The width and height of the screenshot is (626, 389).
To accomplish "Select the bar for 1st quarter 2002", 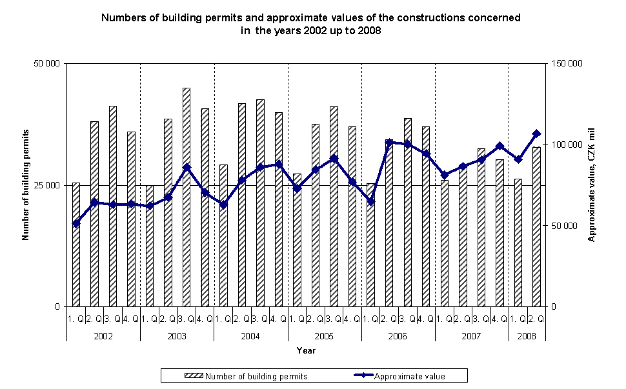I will (x=76, y=244).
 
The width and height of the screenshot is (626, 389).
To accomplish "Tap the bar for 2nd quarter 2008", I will (x=536, y=226).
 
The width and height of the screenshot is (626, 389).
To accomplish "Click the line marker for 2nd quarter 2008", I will (x=536, y=134).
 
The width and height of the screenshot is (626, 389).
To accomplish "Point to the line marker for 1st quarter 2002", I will (x=76, y=224).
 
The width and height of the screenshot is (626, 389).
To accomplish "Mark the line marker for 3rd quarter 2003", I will (x=187, y=167).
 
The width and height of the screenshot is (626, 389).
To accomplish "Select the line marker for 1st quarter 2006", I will (x=370, y=202).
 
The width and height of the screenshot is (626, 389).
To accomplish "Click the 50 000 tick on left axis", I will (x=46, y=63).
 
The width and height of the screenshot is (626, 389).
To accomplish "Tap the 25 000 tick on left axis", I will (x=46, y=185).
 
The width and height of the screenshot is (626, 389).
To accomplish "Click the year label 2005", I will (x=324, y=336).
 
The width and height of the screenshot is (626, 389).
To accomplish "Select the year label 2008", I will (x=527, y=336).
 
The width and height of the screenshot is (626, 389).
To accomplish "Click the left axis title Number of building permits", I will (x=26, y=185).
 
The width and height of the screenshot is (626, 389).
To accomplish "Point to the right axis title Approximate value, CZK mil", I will (x=591, y=185).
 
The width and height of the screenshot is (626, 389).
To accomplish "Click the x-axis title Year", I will (x=306, y=350).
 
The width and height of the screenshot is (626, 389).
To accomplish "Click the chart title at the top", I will (x=311, y=24).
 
